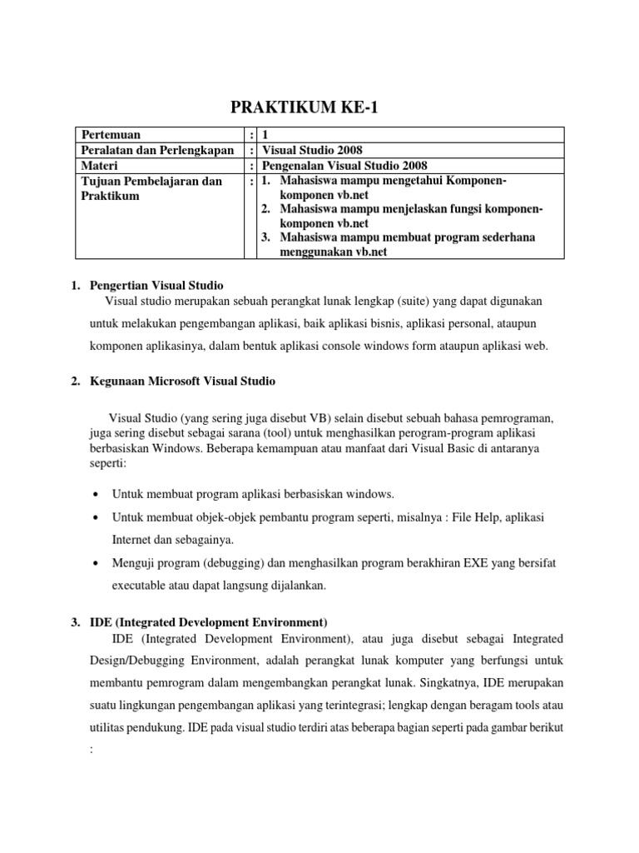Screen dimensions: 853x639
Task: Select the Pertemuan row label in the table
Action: pyautogui.click(x=110, y=135)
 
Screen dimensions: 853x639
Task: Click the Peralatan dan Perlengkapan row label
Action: pyautogui.click(x=153, y=150)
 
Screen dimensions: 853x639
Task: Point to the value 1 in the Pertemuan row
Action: pyautogui.click(x=265, y=135)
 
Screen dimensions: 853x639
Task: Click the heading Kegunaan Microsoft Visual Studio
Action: pyautogui.click(x=182, y=381)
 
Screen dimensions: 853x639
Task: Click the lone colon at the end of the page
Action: pyautogui.click(x=89, y=748)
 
